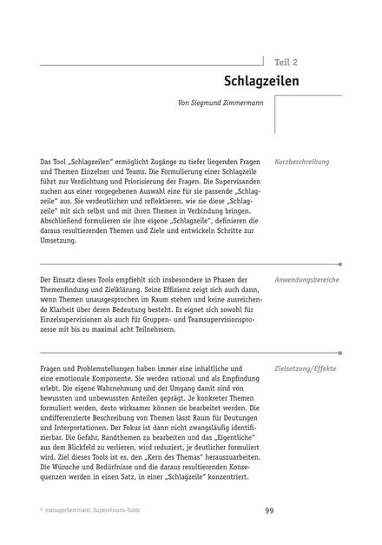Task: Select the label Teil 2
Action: pos(285,62)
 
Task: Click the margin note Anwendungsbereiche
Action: pos(306,281)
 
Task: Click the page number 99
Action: pos(269,511)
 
